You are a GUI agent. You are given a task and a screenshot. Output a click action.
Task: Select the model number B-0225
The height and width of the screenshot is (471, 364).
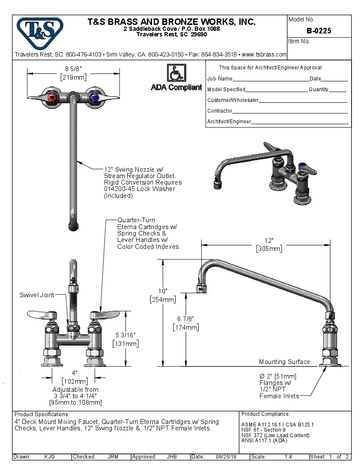click(x=319, y=31)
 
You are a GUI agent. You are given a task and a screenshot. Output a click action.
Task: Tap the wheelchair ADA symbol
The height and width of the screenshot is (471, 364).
click(x=176, y=73)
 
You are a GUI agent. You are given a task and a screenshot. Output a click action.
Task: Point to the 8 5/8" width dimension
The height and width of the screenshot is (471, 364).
click(x=73, y=69)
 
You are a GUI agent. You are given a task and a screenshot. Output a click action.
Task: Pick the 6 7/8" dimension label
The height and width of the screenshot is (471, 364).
click(x=185, y=319)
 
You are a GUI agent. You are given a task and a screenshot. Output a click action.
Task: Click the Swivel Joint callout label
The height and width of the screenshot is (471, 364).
click(x=37, y=295)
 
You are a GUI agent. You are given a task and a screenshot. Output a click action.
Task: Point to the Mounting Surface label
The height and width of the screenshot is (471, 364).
click(x=284, y=362)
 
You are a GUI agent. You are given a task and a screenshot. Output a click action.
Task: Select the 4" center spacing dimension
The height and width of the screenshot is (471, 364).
click(x=75, y=372)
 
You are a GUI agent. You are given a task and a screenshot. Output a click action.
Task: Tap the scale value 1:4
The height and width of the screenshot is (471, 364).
click(x=288, y=457)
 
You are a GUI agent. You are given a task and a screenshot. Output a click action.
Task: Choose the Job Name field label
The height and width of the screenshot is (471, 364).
click(x=220, y=79)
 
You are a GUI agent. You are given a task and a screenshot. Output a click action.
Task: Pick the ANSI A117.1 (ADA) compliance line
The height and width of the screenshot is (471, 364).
click(x=264, y=441)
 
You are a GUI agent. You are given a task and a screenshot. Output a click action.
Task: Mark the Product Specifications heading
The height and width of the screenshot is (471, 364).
click(x=42, y=414)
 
